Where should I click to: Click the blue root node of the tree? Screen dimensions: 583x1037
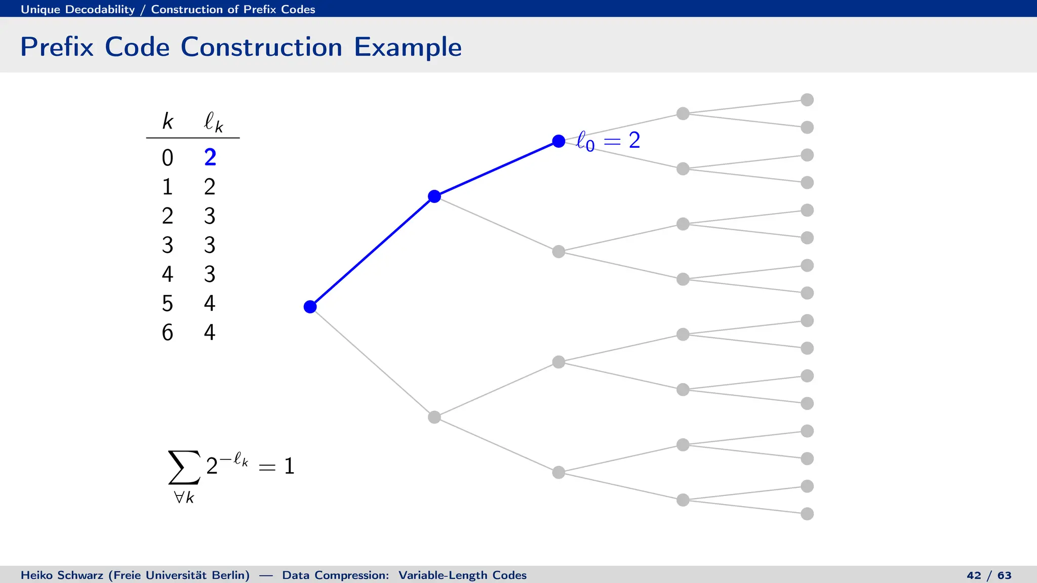(310, 307)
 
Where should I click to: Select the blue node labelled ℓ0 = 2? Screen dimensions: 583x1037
(559, 141)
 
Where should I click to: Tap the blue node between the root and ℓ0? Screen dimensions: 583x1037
(434, 196)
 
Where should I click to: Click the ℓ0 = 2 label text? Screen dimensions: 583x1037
(608, 140)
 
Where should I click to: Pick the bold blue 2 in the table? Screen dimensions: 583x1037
(210, 157)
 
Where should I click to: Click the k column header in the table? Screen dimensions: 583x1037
(168, 121)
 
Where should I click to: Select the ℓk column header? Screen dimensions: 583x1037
(213, 122)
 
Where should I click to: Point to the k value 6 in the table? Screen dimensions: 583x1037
(168, 332)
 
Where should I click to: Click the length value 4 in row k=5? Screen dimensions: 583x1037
(210, 304)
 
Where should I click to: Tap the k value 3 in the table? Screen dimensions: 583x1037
(168, 245)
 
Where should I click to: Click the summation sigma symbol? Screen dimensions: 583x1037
(184, 467)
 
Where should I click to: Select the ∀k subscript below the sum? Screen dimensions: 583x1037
(184, 497)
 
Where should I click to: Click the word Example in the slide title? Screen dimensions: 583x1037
(408, 47)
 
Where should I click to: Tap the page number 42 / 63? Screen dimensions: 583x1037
(988, 575)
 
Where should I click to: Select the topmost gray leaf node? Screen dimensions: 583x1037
(807, 100)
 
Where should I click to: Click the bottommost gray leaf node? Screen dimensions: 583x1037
(807, 514)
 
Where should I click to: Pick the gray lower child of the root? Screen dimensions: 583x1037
(434, 417)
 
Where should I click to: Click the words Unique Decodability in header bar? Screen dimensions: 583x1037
(77, 9)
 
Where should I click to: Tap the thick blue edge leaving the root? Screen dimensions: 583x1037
(372, 252)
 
